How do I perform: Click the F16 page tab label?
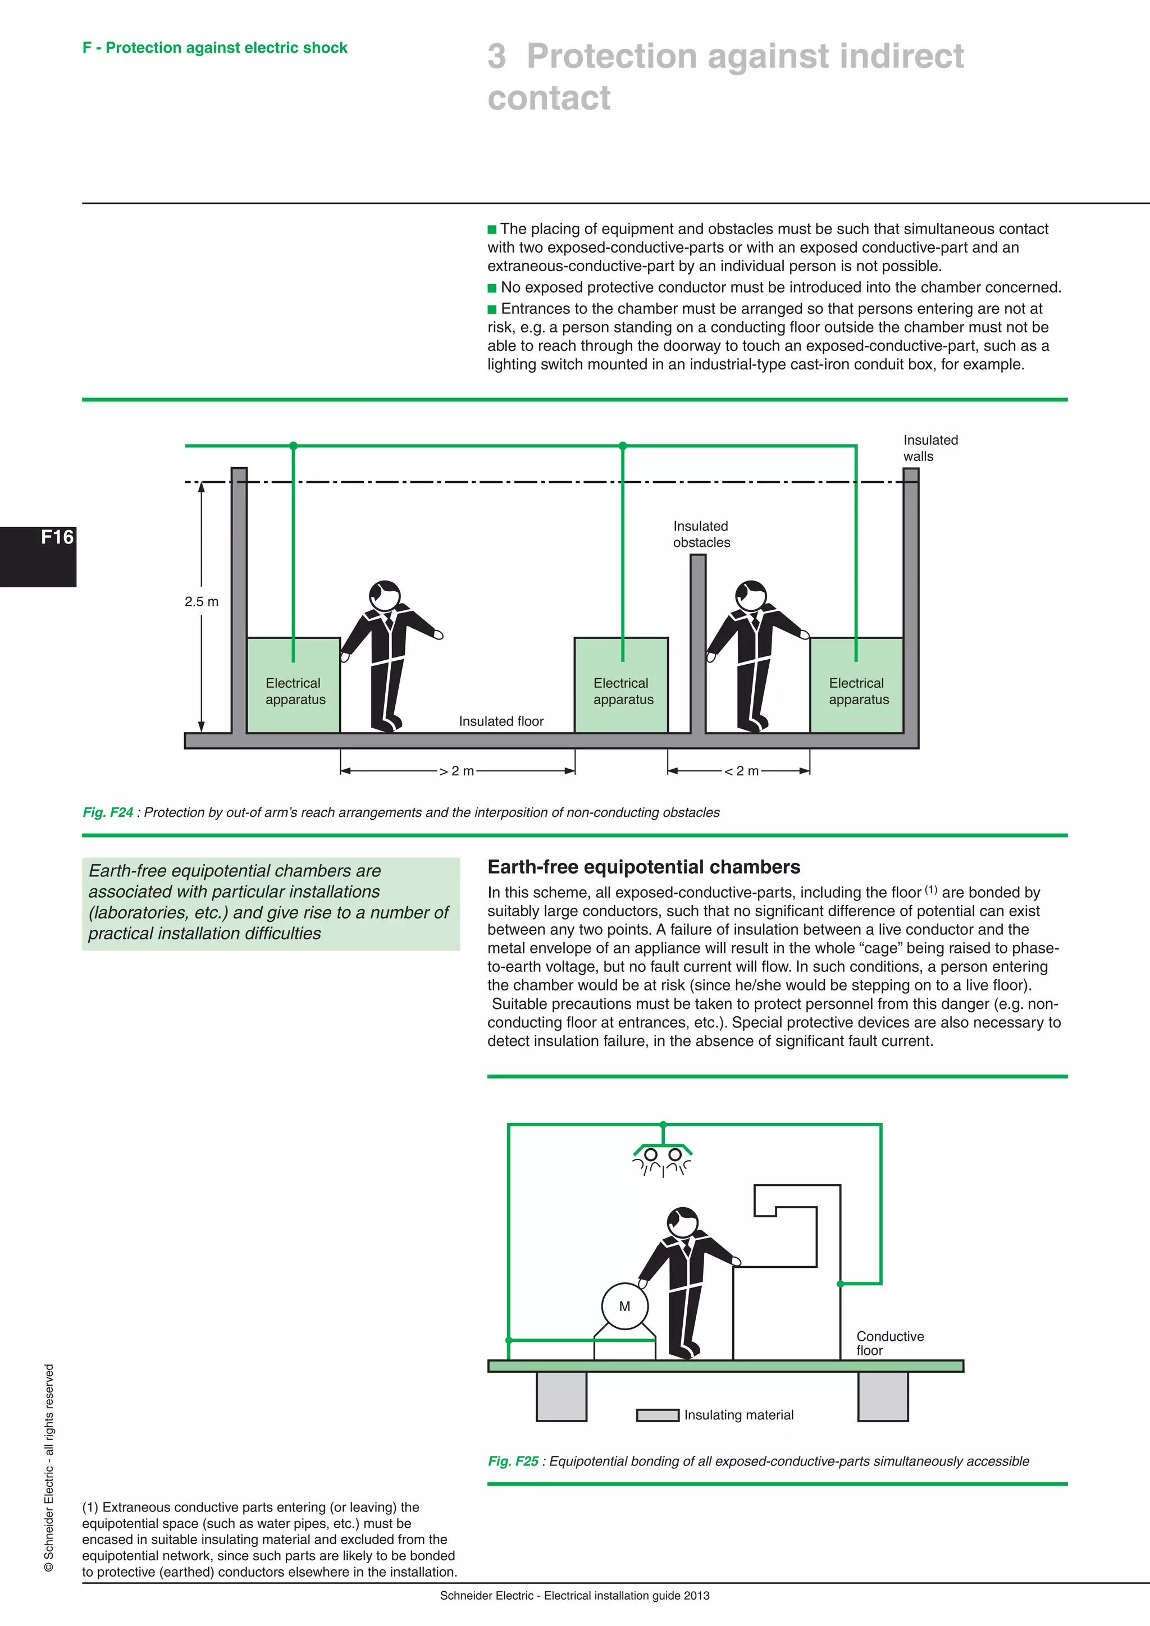tap(57, 537)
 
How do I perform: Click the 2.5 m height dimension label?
tap(201, 601)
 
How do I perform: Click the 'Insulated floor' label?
tap(501, 721)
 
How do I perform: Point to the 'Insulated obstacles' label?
tap(701, 534)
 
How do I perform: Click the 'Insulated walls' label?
tap(930, 448)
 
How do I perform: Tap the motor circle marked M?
tap(624, 1306)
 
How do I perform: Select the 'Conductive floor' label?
tap(889, 1342)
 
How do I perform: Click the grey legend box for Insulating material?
tap(657, 1415)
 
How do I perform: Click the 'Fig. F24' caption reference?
tap(108, 812)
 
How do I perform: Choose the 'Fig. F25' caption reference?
tap(513, 1461)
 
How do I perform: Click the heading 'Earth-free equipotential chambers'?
tap(644, 867)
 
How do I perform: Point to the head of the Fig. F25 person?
tap(683, 1222)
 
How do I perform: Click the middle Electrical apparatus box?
tap(621, 686)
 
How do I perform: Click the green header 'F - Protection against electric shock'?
tap(215, 48)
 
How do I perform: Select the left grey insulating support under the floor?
tap(562, 1396)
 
